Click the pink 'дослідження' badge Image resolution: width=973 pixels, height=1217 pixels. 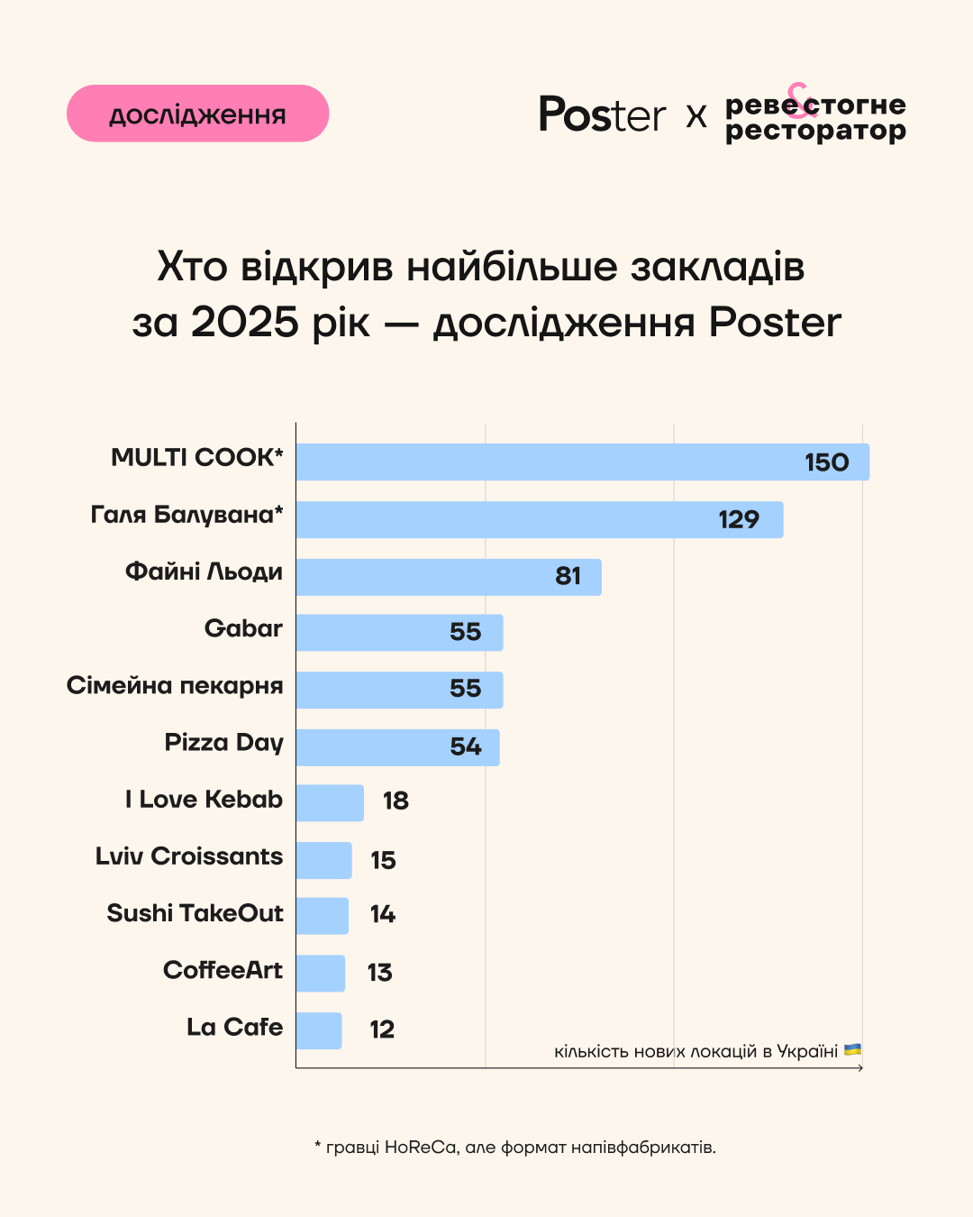coord(197,114)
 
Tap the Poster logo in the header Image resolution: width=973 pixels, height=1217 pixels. coord(601,114)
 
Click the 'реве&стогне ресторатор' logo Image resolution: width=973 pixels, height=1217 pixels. coord(814,115)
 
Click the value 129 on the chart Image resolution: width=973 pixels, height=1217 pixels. coord(739,519)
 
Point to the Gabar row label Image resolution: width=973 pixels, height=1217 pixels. coord(243,628)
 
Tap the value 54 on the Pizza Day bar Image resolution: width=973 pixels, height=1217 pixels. coord(466,746)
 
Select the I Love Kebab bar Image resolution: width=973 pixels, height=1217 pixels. coord(330,802)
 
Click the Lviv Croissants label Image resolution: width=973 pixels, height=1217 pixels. coord(189,856)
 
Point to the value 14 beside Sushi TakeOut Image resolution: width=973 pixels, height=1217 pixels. coord(383,914)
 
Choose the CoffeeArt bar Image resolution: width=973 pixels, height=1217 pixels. coord(320,973)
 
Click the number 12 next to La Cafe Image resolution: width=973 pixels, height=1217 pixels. coord(382,1029)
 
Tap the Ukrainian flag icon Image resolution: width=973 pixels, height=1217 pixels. coord(852,1050)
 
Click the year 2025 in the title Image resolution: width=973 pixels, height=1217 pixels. coord(244,322)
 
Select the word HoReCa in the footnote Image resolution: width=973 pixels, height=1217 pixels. coord(421,1148)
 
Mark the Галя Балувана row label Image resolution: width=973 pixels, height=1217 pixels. coord(186,515)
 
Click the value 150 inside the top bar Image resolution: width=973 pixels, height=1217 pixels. coord(826,462)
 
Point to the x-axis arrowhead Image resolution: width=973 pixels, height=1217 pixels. coord(860,1068)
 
